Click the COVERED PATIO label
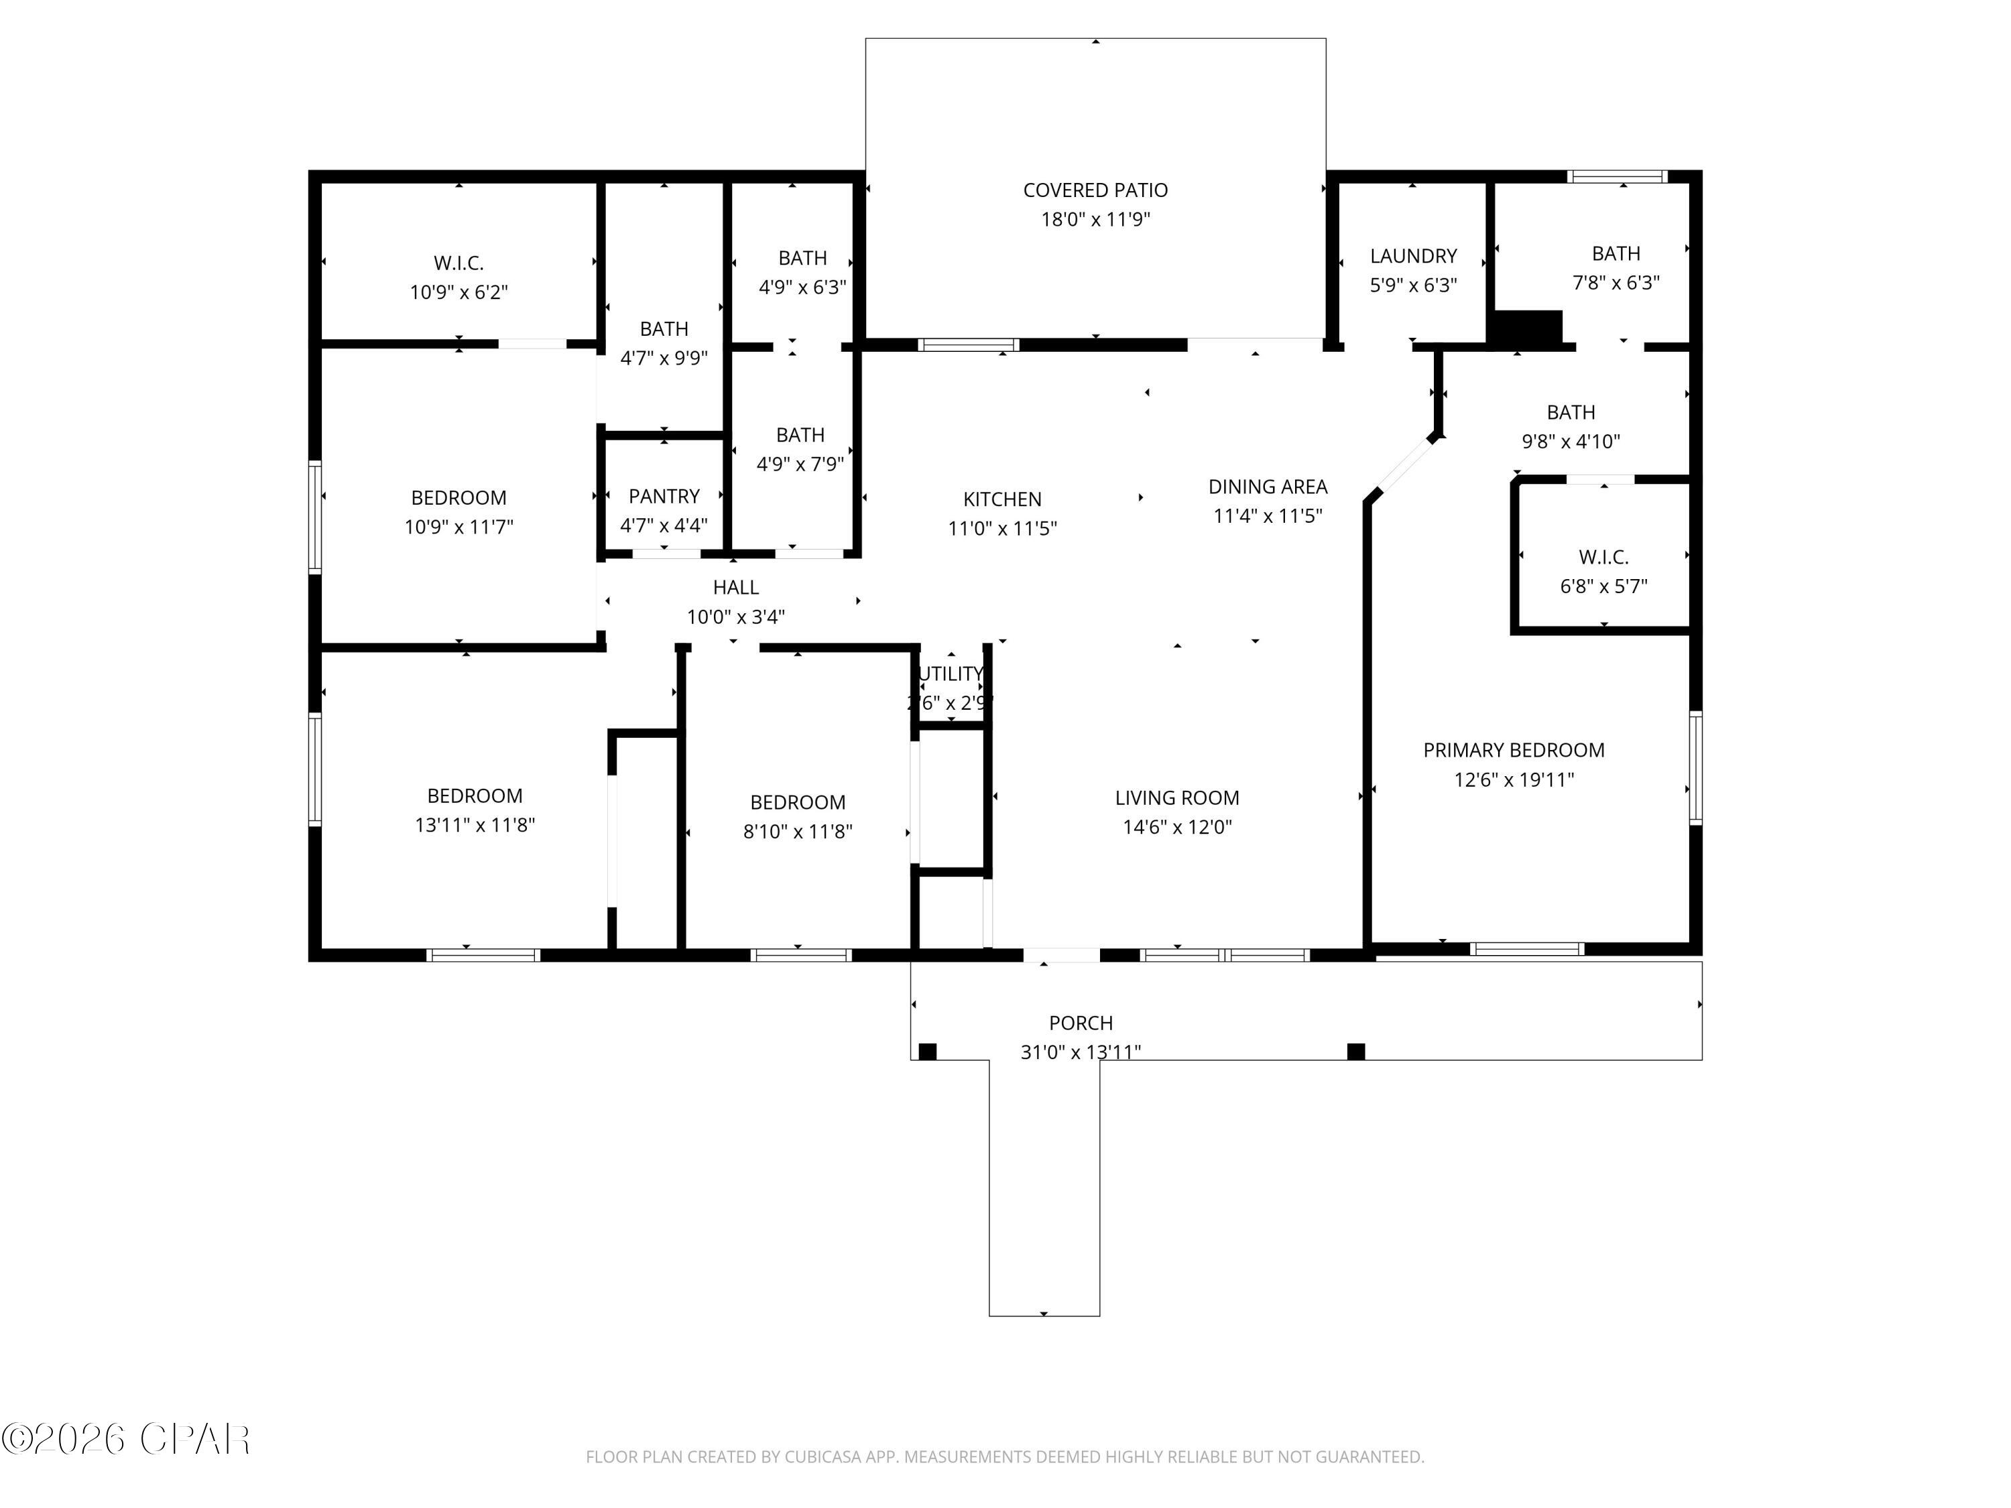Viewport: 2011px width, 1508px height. click(1095, 190)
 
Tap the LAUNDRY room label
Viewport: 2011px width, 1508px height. click(1413, 256)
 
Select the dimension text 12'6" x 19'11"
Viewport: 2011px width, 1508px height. click(1513, 779)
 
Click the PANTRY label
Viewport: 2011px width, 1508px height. click(664, 497)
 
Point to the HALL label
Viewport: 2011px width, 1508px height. click(735, 587)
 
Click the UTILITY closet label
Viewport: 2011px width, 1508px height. click(951, 674)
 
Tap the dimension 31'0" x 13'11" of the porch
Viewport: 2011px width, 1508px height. click(1080, 1052)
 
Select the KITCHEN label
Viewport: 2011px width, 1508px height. click(1002, 499)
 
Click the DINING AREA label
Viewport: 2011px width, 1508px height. click(1268, 487)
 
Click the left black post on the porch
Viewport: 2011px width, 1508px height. click(927, 1052)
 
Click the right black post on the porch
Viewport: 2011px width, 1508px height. click(1355, 1052)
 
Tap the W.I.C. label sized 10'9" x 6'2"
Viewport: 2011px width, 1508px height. click(459, 263)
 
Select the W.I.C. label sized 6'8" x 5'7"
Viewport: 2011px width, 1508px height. click(1603, 556)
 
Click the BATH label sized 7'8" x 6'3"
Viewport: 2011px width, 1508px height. click(1616, 253)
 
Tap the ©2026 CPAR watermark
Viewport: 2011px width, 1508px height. click(125, 1439)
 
